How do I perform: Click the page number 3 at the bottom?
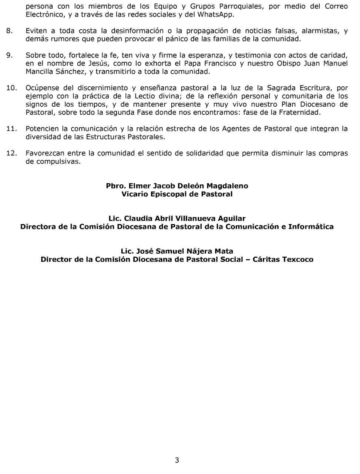177,460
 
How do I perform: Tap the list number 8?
10,31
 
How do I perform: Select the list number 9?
10,56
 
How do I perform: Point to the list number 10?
12,88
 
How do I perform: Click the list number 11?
12,129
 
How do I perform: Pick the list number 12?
12,153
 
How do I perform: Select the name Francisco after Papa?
218,64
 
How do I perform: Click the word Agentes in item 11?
236,129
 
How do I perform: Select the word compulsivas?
58,161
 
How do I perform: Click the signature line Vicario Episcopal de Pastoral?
177,194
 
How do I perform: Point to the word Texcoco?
298,259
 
